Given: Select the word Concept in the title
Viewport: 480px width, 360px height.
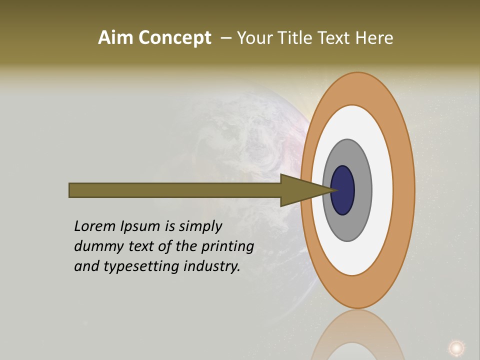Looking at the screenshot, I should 175,38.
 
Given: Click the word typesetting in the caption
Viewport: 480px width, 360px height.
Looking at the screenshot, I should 141,266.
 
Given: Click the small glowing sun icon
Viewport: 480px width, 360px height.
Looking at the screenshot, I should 455,347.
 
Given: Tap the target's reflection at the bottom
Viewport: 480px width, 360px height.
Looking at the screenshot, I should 357,335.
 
